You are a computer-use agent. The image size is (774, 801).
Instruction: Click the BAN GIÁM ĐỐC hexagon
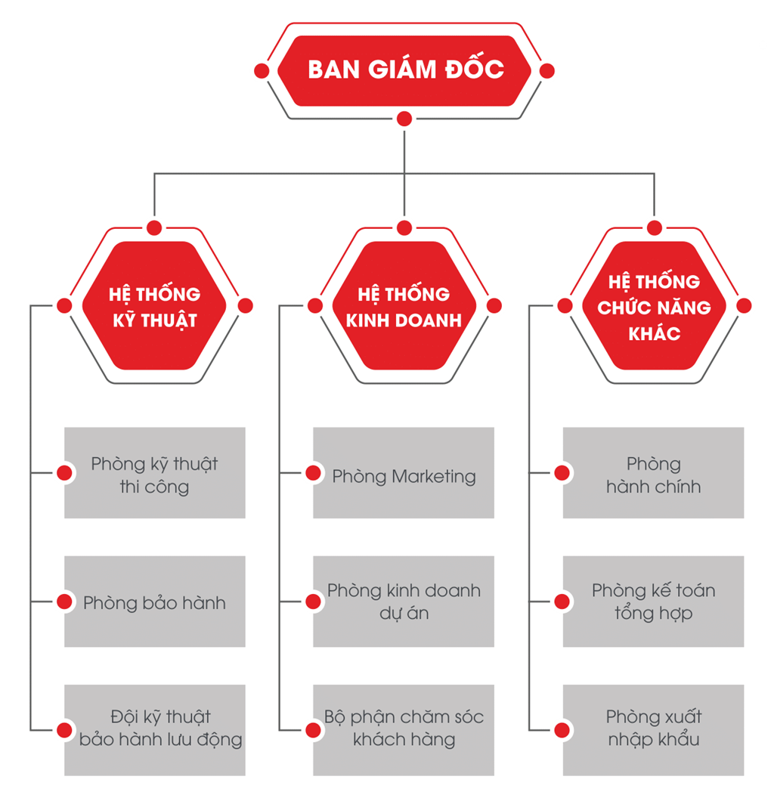click(404, 70)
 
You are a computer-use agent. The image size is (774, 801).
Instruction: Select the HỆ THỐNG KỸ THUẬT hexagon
click(154, 306)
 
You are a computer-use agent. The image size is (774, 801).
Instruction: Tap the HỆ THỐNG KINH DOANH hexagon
click(404, 306)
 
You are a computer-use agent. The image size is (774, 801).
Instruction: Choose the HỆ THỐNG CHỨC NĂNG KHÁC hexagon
click(654, 306)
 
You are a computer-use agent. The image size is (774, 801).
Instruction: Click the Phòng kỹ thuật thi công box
click(154, 474)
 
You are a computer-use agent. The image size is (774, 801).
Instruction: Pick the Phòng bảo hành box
click(154, 602)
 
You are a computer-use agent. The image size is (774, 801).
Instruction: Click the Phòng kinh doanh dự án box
click(404, 602)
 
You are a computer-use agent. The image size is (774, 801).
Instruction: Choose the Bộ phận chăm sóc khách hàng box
click(404, 729)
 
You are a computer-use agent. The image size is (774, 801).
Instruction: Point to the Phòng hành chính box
click(653, 474)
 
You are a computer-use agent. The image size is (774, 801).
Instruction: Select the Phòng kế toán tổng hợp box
click(653, 602)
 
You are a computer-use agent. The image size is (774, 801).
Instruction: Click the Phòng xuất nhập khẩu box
click(653, 729)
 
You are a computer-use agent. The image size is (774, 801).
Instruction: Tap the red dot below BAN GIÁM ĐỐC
click(404, 118)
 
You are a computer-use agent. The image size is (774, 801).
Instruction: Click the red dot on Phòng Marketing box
click(313, 473)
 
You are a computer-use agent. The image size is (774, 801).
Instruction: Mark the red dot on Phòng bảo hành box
click(64, 602)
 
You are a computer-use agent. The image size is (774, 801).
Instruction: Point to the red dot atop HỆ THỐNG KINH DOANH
click(404, 227)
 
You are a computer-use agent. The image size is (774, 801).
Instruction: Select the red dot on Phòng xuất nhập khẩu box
click(562, 729)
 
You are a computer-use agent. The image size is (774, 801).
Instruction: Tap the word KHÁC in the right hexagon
click(654, 333)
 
